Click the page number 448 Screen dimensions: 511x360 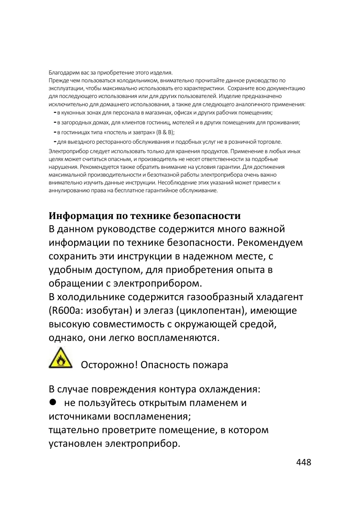(304, 462)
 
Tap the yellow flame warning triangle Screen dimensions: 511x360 (60, 358)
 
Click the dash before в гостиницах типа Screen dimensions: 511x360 (55, 132)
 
